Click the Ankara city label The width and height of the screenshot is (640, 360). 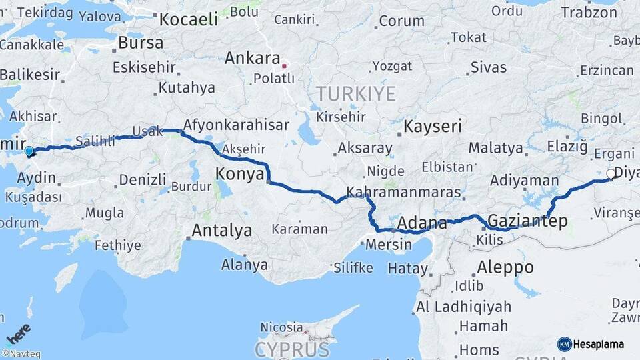tap(251, 58)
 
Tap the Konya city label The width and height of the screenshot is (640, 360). tap(237, 175)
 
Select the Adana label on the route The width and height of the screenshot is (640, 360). tap(423, 223)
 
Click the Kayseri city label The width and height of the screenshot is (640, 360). tap(434, 126)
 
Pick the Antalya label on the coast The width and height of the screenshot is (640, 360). tap(221, 231)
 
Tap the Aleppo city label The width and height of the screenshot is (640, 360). tap(505, 267)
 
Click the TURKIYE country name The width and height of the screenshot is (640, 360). tap(356, 93)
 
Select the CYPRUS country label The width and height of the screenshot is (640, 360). tap(292, 349)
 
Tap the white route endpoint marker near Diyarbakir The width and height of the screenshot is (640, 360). tap(610, 173)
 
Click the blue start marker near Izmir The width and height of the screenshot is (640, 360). tap(29, 151)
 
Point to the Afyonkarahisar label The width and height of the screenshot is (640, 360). tap(236, 125)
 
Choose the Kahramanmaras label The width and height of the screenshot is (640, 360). tap(404, 192)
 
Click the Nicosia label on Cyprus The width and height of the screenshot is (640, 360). tap(281, 327)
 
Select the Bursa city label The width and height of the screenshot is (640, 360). tap(140, 43)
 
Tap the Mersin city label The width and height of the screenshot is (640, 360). tap(389, 244)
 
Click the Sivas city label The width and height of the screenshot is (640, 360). tap(488, 67)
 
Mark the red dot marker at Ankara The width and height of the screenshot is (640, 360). tap(285, 65)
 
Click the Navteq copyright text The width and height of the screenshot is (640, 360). tap(21, 354)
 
